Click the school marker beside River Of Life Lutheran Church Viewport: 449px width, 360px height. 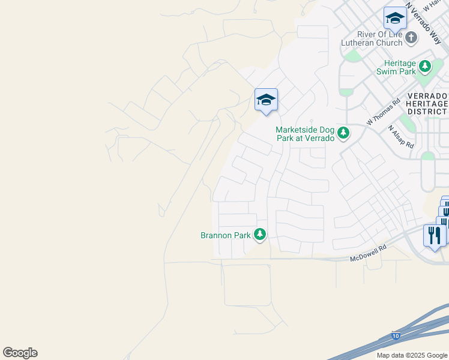[x=395, y=19]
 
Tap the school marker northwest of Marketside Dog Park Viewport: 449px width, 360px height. [x=265, y=100]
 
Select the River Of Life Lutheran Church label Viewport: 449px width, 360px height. [x=371, y=38]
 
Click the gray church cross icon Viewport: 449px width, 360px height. [x=411, y=38]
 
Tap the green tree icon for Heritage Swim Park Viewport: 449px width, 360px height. [x=425, y=65]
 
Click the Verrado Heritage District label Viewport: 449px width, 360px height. [x=427, y=104]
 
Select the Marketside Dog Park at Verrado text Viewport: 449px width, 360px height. [x=304, y=134]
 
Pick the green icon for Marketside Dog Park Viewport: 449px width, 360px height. [x=343, y=133]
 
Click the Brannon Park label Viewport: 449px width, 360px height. [x=225, y=235]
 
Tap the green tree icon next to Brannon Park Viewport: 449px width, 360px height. [x=260, y=234]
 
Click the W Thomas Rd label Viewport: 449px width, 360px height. [x=383, y=112]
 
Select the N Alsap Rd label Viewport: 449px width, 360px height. [x=401, y=137]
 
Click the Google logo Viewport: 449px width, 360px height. [x=20, y=353]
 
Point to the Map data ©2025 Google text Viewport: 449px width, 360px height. [x=412, y=355]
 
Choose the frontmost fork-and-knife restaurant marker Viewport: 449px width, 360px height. [x=433, y=235]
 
